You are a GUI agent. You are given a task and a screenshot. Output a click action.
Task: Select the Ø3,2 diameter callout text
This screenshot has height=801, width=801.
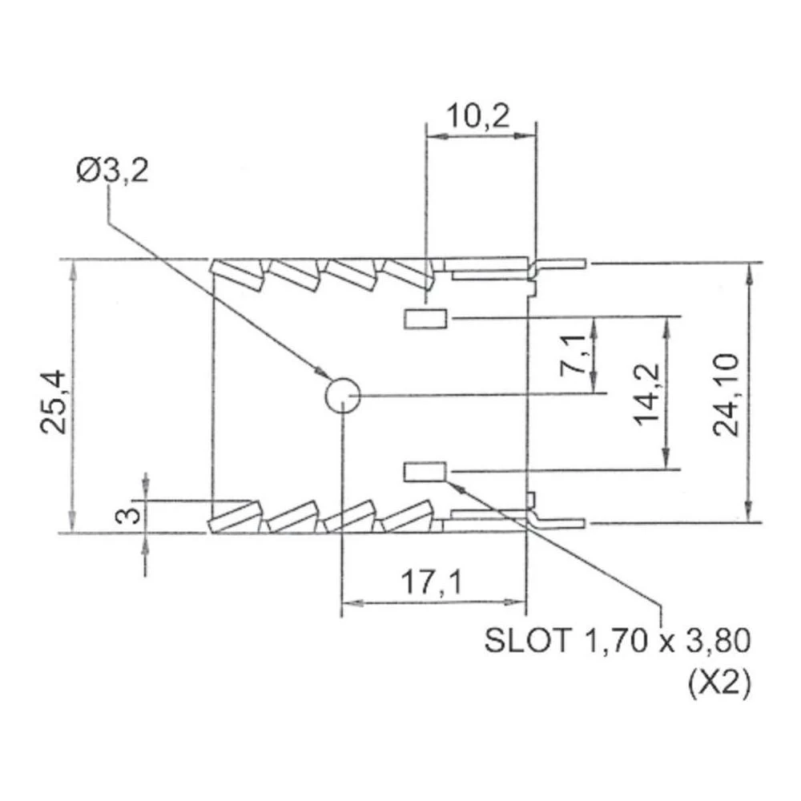point(112,171)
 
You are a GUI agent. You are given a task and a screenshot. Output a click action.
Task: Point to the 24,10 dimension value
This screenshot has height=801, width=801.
point(727,396)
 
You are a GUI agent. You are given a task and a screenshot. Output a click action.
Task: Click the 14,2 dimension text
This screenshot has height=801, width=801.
point(646,393)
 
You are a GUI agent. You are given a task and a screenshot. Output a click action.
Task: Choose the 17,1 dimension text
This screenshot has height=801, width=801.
point(432,583)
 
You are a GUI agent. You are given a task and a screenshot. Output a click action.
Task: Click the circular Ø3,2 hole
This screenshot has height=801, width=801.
point(342,394)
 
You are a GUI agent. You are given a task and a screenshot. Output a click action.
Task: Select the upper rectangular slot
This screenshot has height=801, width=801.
point(425,319)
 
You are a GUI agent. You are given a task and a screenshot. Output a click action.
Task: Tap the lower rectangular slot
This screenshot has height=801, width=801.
point(425,471)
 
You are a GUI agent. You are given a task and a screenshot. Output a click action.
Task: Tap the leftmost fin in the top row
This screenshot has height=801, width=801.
point(238,275)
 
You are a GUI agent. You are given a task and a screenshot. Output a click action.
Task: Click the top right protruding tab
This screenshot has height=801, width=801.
point(561,263)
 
